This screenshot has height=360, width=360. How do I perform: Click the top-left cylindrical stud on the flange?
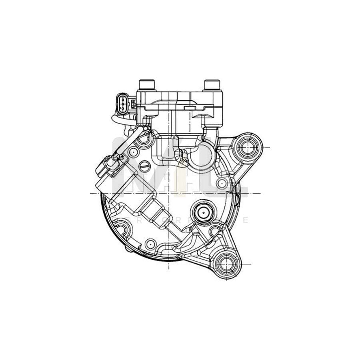click(x=146, y=85)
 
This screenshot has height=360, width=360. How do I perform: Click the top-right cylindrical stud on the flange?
click(x=212, y=85)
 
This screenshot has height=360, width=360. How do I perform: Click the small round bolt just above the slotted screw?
click(x=133, y=151)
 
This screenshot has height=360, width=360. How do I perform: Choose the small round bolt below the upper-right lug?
click(x=222, y=184)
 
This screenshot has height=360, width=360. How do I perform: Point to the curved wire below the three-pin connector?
click(x=120, y=120)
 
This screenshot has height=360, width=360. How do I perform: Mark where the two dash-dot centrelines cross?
click(x=175, y=193)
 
